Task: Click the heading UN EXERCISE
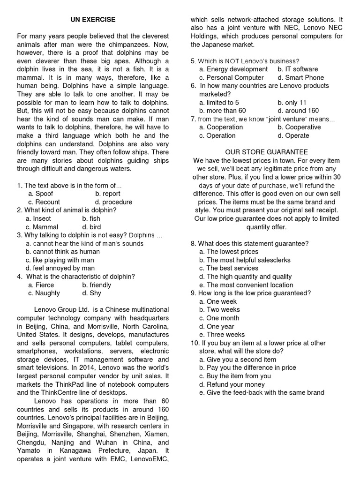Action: coord(92,20)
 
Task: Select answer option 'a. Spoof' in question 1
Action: coord(40,194)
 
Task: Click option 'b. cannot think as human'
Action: coord(63,252)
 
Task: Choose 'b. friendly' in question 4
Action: coord(97,285)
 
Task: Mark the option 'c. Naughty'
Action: coord(44,293)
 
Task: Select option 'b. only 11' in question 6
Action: coord(292,103)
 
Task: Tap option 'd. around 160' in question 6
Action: coord(298,111)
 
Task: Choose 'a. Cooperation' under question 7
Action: coord(221,127)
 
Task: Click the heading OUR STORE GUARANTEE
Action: coord(266,152)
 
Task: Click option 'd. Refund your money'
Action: coord(232,384)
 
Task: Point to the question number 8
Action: coord(194,243)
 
